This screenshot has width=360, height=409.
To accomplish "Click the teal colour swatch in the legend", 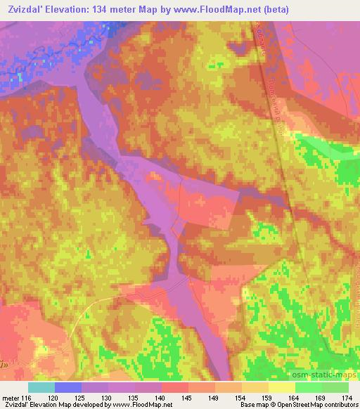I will point(41,387).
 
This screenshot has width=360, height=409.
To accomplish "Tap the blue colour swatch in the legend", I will point(68,387).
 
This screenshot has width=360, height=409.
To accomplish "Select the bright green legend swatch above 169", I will point(309,387).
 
